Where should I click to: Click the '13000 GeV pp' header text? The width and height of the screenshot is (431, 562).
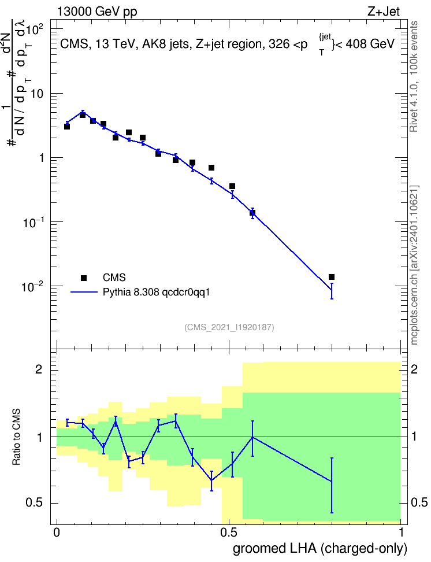click(97, 12)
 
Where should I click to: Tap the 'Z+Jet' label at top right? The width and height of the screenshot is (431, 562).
click(384, 12)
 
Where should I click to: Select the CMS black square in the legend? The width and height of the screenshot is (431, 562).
click(84, 278)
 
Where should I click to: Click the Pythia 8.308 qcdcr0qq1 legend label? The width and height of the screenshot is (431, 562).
click(156, 293)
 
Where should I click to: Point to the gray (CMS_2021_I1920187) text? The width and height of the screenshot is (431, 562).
click(229, 327)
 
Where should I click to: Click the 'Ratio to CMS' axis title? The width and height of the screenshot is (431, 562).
click(16, 437)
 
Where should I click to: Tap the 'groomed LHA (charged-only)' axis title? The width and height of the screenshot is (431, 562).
click(320, 549)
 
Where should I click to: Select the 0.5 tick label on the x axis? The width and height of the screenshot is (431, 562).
click(229, 533)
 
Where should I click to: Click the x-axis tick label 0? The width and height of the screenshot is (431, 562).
click(57, 533)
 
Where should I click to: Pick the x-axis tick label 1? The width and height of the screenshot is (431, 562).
click(401, 533)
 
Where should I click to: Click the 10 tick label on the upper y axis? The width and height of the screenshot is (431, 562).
click(37, 94)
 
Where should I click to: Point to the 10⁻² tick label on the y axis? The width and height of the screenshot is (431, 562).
click(33, 286)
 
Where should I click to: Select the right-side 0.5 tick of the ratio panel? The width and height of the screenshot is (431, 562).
click(418, 502)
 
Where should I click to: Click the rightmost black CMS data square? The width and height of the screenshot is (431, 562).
click(332, 277)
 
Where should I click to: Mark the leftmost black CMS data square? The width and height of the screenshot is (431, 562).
click(67, 127)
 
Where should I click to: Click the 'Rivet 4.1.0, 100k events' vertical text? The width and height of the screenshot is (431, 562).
click(414, 76)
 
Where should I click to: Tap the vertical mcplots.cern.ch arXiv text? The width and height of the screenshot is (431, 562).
click(414, 265)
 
